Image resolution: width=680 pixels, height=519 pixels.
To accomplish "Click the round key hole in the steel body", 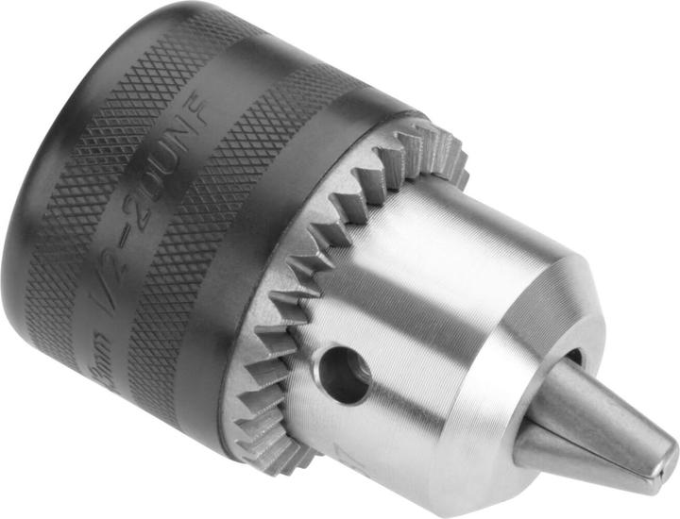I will (x=346, y=371).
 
